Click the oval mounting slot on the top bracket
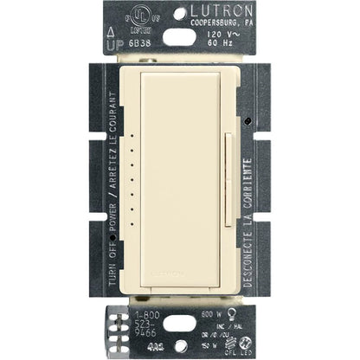click(x=179, y=34)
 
